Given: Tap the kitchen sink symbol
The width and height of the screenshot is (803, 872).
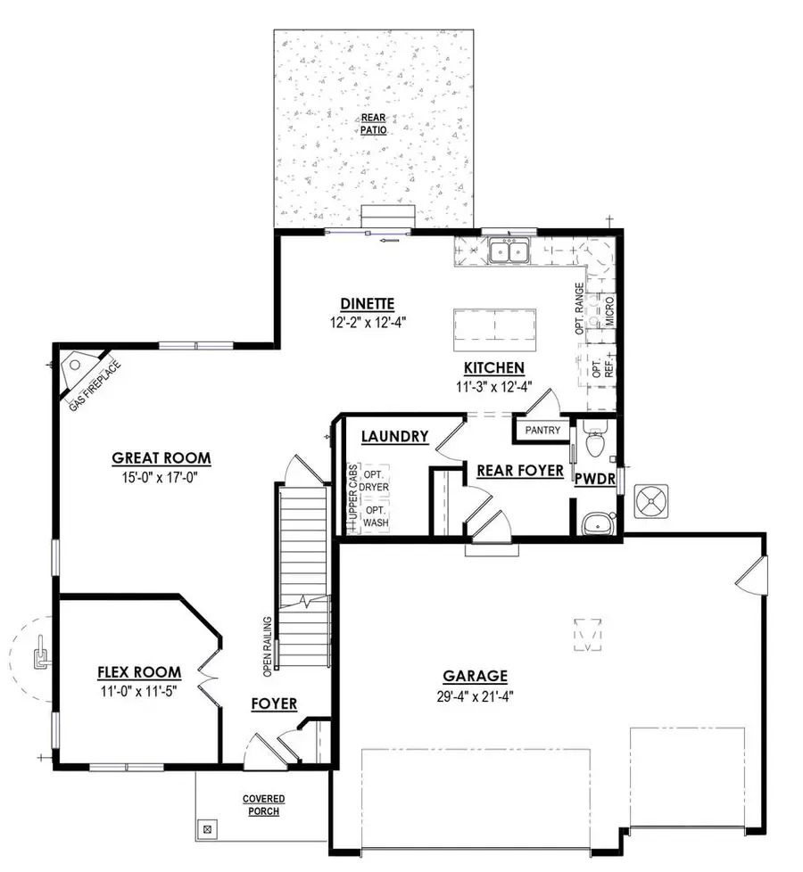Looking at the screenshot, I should click(x=509, y=251).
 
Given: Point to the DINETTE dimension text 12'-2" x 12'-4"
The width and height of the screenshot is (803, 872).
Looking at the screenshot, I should click(x=367, y=323).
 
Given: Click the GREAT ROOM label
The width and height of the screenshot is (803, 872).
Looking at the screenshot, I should click(x=161, y=458).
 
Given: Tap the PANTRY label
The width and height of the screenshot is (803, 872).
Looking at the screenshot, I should click(x=543, y=431).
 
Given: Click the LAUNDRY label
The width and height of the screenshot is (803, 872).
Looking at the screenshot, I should click(x=395, y=437).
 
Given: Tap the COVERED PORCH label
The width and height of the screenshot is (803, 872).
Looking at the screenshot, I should click(x=263, y=805).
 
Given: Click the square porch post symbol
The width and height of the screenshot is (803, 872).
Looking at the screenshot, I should click(x=208, y=829).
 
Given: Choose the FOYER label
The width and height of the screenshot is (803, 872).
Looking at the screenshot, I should click(x=273, y=704).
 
